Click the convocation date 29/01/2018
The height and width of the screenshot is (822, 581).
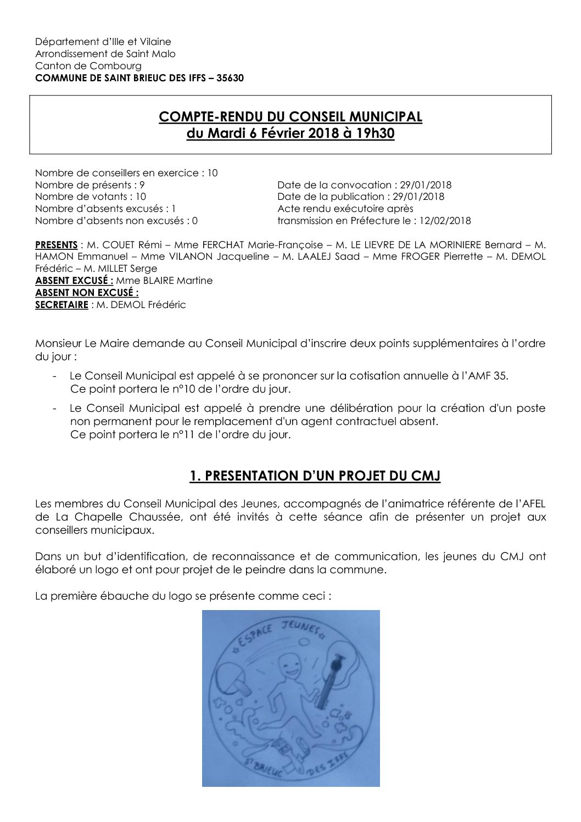coord(426,185)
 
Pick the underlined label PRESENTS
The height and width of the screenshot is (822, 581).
coord(56,245)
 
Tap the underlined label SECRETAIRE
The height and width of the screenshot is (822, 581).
coord(62,305)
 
